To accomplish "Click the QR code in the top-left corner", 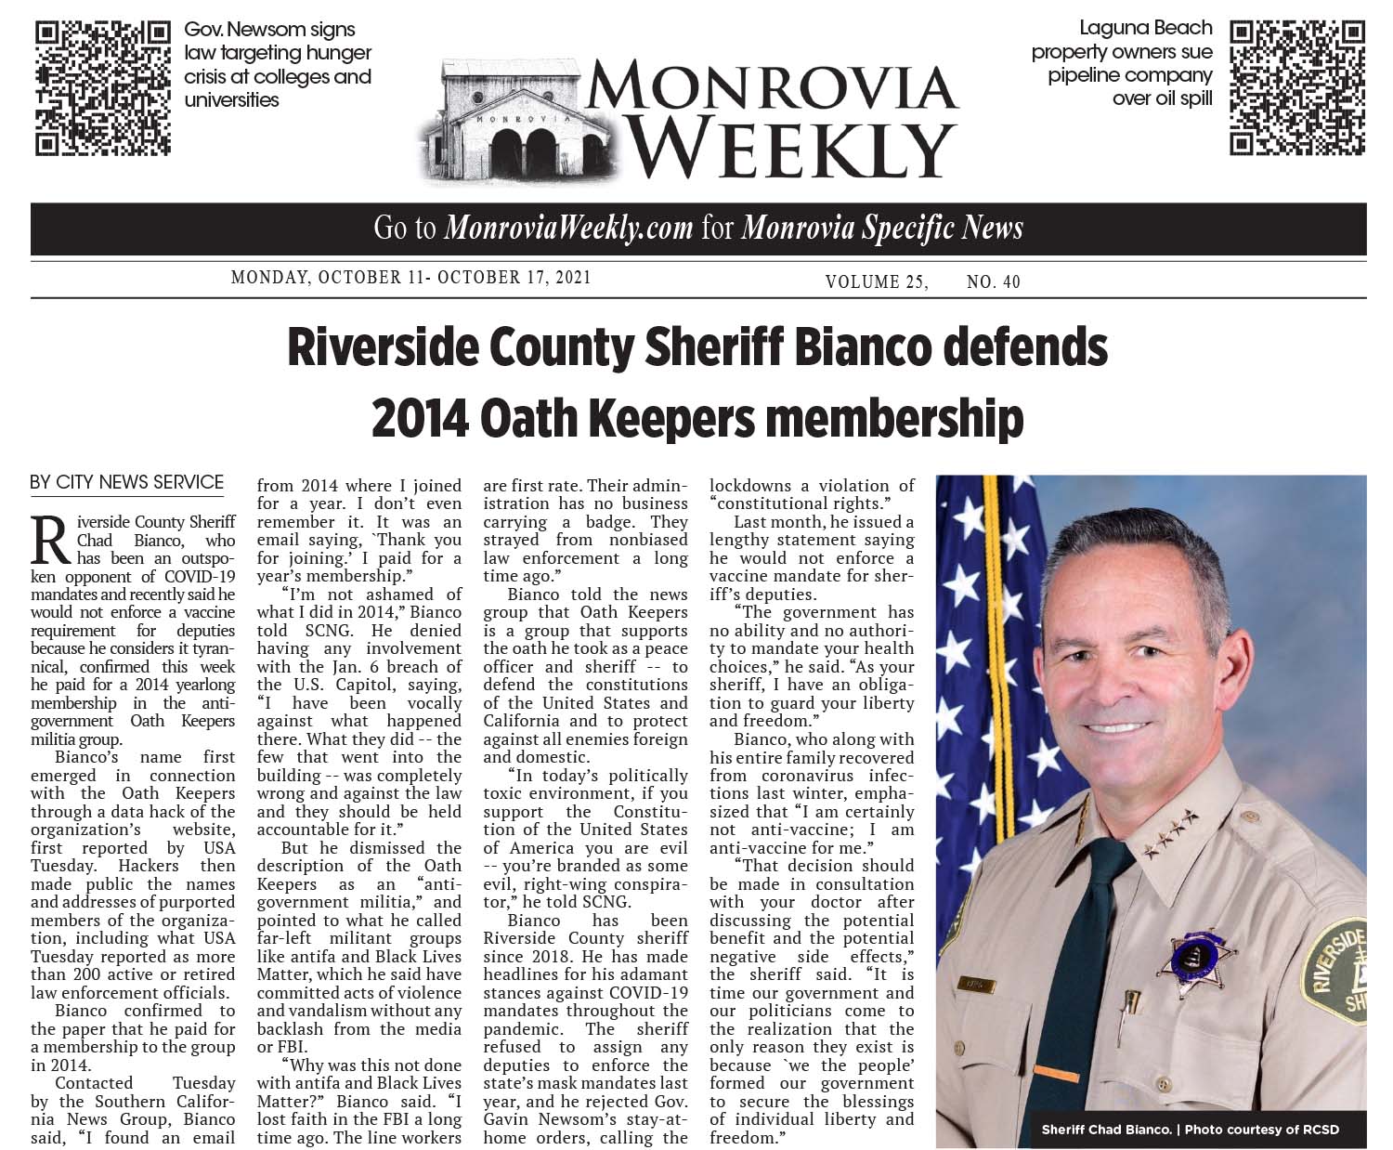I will coord(102,87).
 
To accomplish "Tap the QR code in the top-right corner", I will coord(1297,87).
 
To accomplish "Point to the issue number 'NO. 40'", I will coord(993,281).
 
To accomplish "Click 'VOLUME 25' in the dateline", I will coord(876,281).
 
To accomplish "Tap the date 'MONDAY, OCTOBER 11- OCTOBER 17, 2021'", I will coord(410,278).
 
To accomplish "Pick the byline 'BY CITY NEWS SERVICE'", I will coord(127,482).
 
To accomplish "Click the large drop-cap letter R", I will coord(51,540).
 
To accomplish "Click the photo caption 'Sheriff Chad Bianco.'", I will coord(1105,1130).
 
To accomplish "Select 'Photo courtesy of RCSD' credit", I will coord(1262,1130).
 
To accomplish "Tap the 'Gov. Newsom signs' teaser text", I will coord(269,30).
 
